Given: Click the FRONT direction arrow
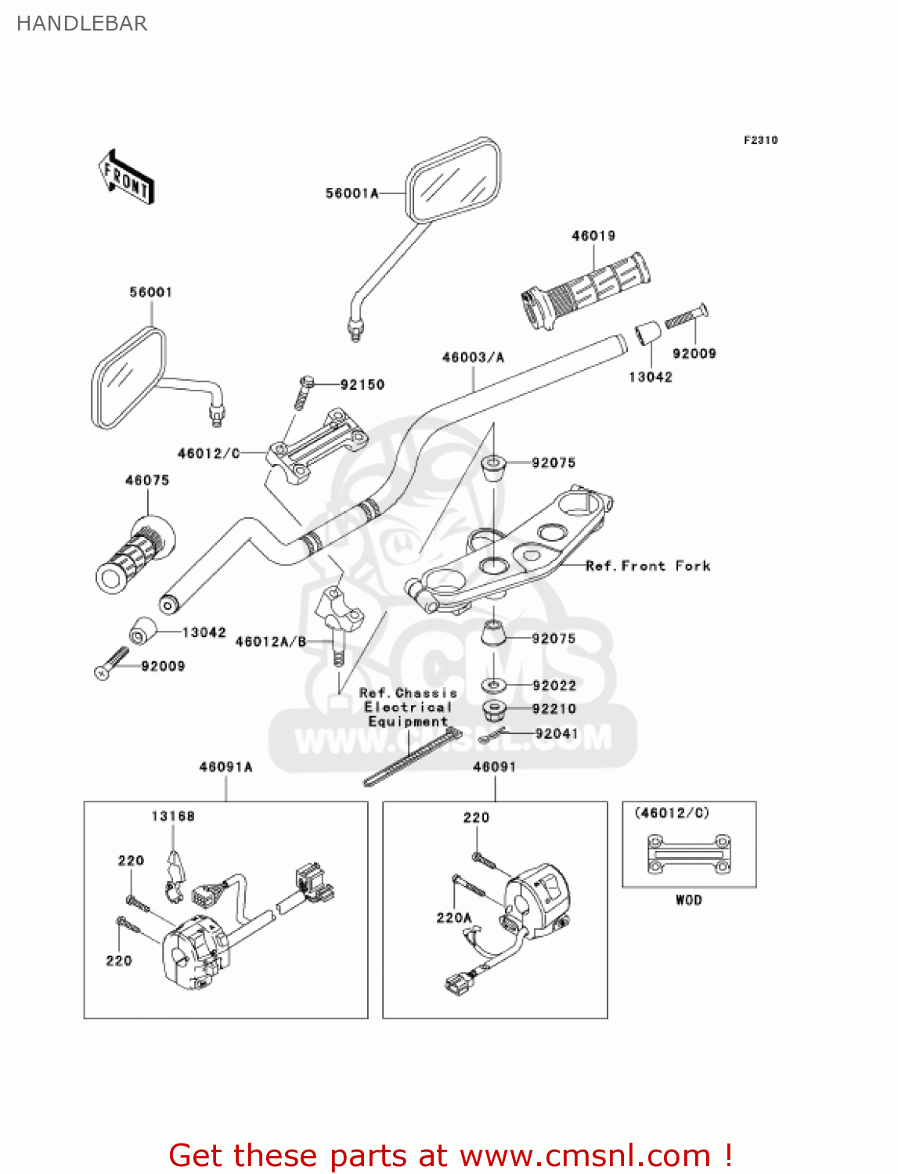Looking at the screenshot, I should tap(125, 178).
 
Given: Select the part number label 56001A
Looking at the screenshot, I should tap(352, 193).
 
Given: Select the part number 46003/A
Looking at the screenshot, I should tap(473, 358).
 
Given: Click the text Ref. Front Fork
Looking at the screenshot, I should tap(647, 566).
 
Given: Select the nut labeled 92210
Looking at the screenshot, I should tap(494, 709).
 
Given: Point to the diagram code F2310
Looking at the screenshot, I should tap(760, 140).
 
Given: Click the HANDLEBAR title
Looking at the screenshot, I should tap(81, 23).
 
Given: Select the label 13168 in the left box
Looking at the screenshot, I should tap(172, 816).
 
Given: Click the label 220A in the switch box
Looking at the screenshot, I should tap(454, 917).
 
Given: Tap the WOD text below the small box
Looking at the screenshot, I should tap(689, 900).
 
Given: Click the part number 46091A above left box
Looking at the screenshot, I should tap(225, 767).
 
